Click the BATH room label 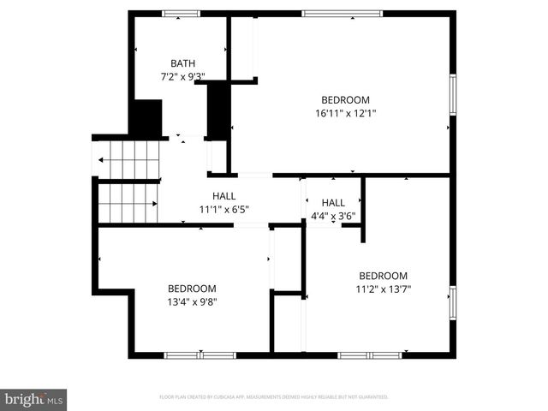(x=182, y=63)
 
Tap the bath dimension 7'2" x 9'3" (x=182, y=76)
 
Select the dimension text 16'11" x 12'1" (x=345, y=112)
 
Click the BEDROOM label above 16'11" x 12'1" (x=345, y=99)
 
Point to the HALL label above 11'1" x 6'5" (x=223, y=196)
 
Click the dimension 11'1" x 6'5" (x=223, y=209)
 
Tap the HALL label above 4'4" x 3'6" (x=333, y=203)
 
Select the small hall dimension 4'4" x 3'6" (x=333, y=216)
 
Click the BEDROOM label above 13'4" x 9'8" (x=192, y=289)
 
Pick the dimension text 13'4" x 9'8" (x=192, y=301)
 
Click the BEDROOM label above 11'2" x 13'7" (x=383, y=276)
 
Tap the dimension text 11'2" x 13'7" (x=383, y=289)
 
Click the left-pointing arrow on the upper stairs (x=103, y=159)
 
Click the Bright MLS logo (x=34, y=399)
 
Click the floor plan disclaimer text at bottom (x=274, y=397)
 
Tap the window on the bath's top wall (x=181, y=14)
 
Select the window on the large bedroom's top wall (x=342, y=14)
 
